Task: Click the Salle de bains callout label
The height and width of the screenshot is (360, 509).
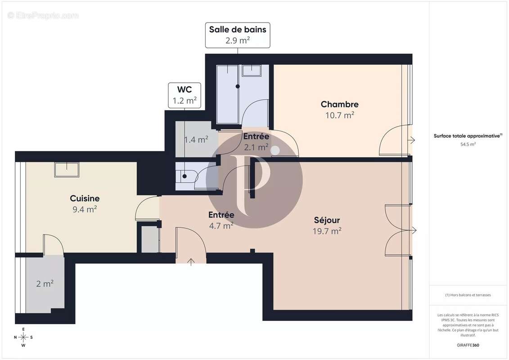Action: pyautogui.click(x=238, y=35)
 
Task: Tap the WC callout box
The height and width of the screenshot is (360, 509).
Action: pyautogui.click(x=185, y=95)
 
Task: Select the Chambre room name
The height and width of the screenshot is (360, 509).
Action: pyautogui.click(x=339, y=104)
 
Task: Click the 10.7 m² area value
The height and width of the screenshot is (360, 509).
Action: pyautogui.click(x=339, y=115)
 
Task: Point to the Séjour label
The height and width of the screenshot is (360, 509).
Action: pyautogui.click(x=327, y=220)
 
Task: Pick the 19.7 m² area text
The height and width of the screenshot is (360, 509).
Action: pyautogui.click(x=327, y=231)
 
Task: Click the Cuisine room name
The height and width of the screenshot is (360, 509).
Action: pyautogui.click(x=85, y=198)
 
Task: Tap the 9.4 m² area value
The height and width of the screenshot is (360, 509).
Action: pyautogui.click(x=85, y=209)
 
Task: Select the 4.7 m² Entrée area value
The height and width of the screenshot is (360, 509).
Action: pyautogui.click(x=221, y=226)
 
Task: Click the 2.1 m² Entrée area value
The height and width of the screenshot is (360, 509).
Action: pyautogui.click(x=256, y=147)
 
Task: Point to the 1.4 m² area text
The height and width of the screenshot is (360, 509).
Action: pyautogui.click(x=196, y=140)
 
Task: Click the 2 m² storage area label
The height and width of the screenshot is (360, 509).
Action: pyautogui.click(x=45, y=283)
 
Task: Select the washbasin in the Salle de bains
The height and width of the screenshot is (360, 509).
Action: pyautogui.click(x=252, y=71)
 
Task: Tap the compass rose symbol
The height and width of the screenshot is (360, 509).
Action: pyautogui.click(x=23, y=337)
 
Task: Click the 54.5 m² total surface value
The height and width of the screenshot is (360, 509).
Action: pyautogui.click(x=468, y=144)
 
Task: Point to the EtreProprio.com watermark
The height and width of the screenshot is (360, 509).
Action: pyautogui.click(x=43, y=16)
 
